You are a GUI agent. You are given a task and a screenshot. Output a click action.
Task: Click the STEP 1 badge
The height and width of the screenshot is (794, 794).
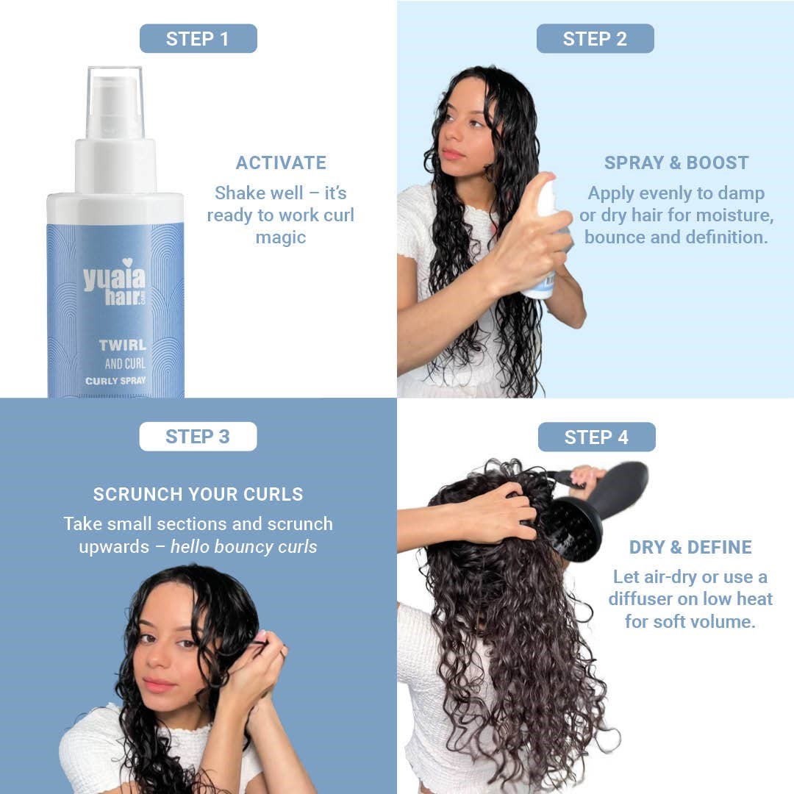198,38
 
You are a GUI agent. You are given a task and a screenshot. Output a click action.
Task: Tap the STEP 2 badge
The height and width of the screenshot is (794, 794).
595,38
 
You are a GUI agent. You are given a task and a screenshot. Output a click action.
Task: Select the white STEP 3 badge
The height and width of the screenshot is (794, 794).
198,437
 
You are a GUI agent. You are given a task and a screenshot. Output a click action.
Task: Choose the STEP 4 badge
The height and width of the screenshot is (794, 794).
596,437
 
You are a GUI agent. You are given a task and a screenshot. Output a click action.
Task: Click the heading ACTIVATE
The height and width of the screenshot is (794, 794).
281,162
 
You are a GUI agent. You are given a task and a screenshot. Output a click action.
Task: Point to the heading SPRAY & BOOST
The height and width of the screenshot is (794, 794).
676,162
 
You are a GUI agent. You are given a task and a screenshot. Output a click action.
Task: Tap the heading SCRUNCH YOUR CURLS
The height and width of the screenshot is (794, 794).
198,494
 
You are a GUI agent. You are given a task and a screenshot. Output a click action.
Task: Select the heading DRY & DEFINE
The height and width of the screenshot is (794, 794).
690,547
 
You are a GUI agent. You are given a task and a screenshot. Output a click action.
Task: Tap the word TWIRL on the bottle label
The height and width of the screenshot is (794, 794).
123,346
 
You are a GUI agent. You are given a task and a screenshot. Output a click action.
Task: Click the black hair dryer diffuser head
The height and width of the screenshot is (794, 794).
576,529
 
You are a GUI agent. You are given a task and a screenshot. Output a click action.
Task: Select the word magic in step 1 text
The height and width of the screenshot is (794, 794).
281,237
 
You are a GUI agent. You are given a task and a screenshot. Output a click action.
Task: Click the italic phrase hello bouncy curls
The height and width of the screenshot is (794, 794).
243,547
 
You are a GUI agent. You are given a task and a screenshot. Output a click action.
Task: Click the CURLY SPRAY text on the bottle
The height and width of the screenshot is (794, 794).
115,381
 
